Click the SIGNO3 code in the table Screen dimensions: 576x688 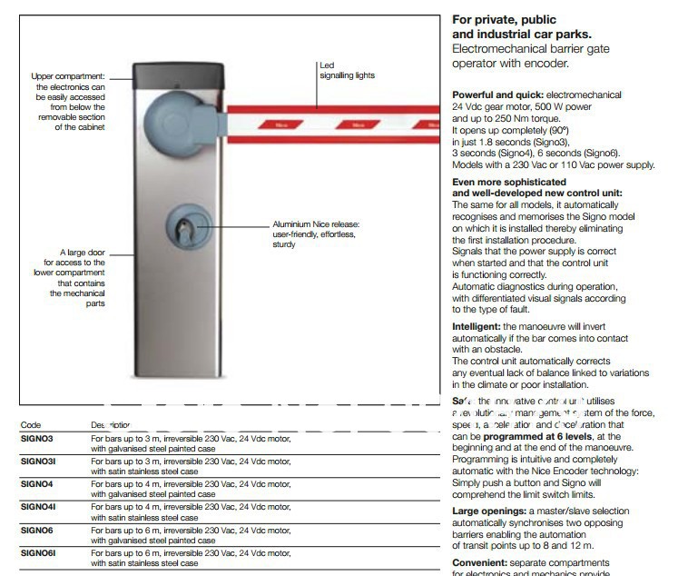[37, 438]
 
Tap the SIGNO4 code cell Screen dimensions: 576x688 [37, 483]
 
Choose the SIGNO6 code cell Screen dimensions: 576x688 [37, 529]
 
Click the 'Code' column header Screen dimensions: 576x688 [31, 424]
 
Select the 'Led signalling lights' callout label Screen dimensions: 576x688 [346, 70]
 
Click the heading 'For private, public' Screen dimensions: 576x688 [504, 20]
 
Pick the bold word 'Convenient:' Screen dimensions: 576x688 [481, 562]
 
